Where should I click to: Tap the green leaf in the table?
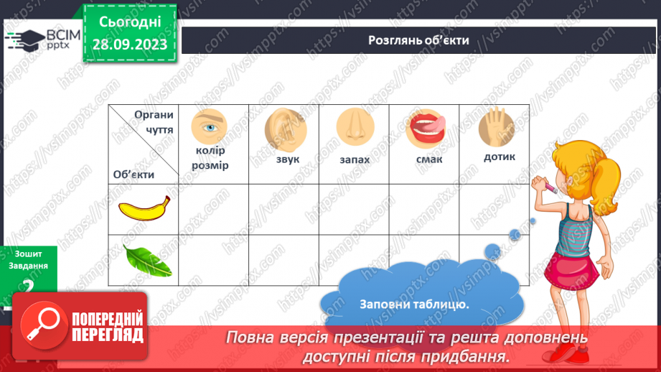[146, 261]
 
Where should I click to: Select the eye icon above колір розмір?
[209, 126]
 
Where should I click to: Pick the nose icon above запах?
[353, 126]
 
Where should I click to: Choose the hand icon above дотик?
[496, 126]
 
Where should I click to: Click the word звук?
[285, 159]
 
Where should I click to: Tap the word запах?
[355, 159]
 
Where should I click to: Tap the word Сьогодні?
[129, 23]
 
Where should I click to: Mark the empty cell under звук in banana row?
[283, 209]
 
